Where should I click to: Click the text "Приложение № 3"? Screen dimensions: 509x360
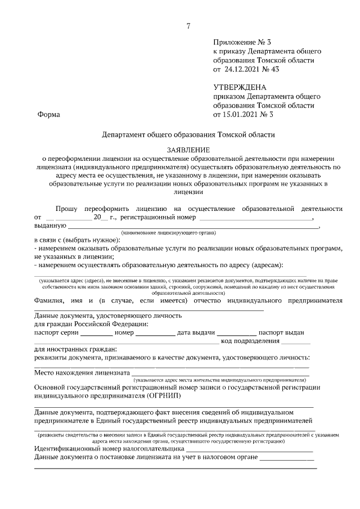[x=242, y=42]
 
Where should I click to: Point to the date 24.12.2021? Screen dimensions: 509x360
[x=245, y=70]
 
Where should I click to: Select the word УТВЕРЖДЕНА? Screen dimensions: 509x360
[x=240, y=87]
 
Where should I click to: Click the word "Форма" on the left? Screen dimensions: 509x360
[x=48, y=115]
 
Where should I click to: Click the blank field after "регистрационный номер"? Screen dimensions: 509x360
[x=256, y=218]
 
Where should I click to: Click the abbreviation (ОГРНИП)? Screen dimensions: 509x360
[x=163, y=395]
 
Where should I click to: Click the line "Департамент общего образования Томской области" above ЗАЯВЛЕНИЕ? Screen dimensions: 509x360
[x=188, y=135]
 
